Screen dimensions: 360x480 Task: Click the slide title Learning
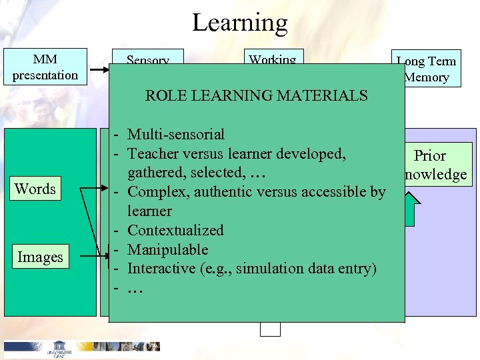tap(240, 23)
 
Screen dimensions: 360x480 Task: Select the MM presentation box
tap(45, 67)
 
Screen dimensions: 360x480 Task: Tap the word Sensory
tap(147, 61)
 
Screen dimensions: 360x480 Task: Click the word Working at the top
tap(272, 60)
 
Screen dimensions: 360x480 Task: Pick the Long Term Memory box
tap(426, 69)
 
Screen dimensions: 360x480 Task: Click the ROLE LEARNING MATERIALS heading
tap(257, 95)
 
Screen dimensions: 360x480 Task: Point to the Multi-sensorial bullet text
tap(176, 135)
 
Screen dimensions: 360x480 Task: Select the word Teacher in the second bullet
tap(153, 154)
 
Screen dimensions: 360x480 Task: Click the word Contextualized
tap(175, 231)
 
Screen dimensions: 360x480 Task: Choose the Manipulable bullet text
tap(167, 250)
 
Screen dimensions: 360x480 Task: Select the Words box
tap(35, 189)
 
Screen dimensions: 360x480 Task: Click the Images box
tap(40, 257)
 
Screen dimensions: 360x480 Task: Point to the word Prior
tap(430, 156)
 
